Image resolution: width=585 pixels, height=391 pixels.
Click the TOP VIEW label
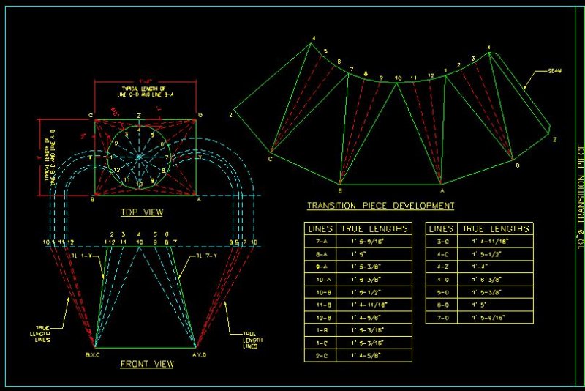[x=142, y=212]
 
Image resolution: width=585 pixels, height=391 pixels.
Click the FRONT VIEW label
[x=146, y=363]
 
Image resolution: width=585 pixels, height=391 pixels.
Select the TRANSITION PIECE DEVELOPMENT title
[x=381, y=206]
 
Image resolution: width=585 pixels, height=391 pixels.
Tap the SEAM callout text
[x=556, y=72]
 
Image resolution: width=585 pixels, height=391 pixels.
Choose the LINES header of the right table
[x=442, y=228]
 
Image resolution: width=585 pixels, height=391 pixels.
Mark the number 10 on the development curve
[x=398, y=78]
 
